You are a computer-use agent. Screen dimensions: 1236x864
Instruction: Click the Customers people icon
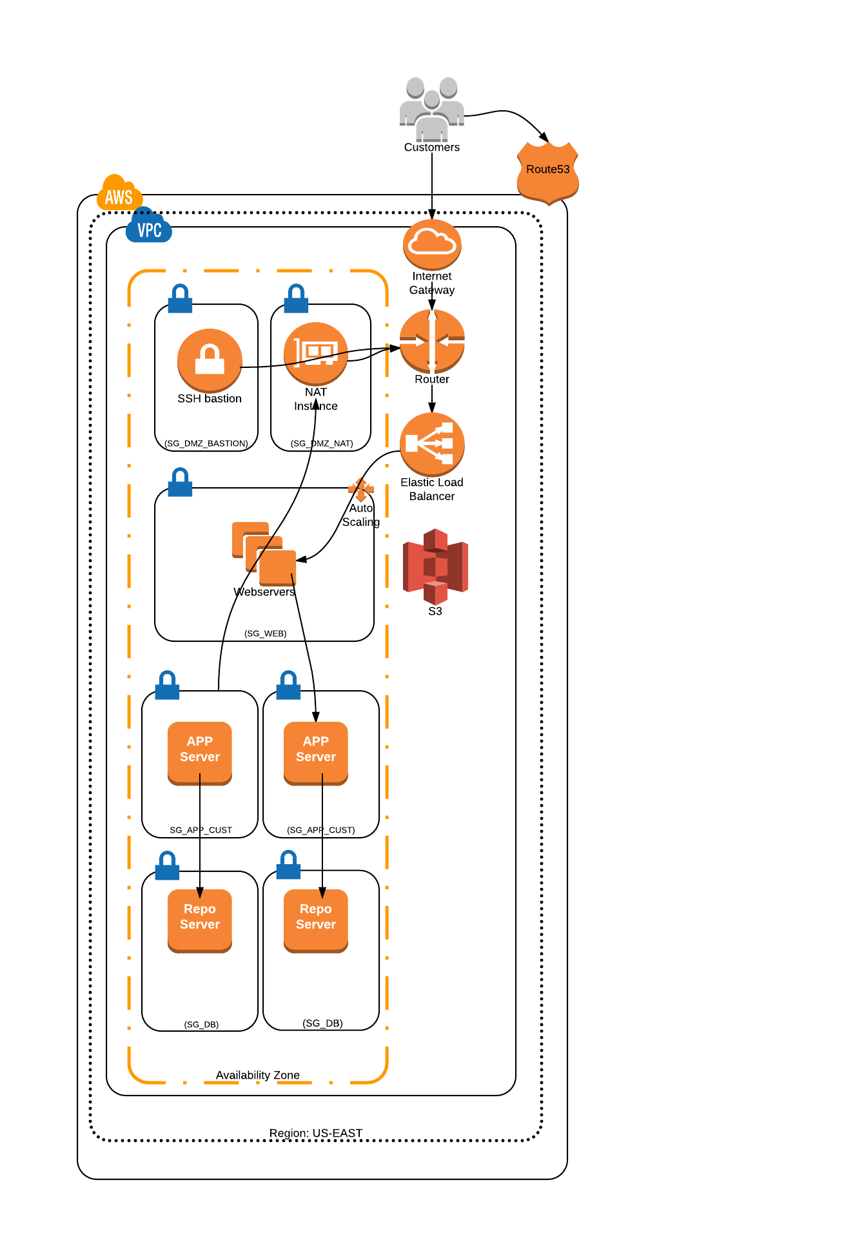431,108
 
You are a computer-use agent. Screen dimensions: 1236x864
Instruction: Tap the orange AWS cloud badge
119,193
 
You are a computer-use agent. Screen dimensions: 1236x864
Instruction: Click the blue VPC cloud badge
149,226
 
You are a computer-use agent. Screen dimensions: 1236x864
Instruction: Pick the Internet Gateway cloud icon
432,244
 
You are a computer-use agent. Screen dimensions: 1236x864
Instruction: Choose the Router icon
432,341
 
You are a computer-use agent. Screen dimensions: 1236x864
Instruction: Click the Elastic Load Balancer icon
432,444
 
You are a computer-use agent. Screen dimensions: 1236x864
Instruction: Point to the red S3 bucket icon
435,566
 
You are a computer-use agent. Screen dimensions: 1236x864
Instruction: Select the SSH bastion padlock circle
210,360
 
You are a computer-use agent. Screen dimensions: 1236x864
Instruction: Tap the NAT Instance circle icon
316,353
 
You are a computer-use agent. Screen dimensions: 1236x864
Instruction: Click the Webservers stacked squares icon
264,553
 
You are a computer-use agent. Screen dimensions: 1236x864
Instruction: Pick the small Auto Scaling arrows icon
361,489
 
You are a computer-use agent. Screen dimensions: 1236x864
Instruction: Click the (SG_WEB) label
265,633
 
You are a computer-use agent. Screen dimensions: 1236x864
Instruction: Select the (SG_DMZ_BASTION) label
206,443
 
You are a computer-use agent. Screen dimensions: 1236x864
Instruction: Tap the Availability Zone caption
258,1075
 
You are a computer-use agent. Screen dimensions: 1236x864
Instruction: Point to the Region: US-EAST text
316,1133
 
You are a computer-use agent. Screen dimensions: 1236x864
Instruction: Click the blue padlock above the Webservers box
180,482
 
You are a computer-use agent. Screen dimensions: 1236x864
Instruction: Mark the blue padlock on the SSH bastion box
180,298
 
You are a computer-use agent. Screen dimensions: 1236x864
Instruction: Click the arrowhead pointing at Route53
544,137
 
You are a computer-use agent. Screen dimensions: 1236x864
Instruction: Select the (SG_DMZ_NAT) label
322,443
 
